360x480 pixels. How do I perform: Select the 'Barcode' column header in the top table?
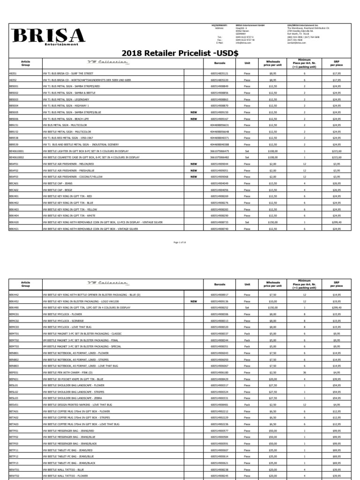coord(219,63)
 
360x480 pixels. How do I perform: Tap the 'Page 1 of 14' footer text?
coord(180,242)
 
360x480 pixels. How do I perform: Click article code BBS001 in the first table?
coord(14,87)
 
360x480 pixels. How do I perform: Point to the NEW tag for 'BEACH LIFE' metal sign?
coord(194,119)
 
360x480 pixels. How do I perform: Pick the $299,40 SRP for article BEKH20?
coord(337,222)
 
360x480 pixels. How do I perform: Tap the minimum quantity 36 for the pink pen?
coord(305,372)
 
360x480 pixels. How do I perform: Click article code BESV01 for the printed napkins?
coord(14,404)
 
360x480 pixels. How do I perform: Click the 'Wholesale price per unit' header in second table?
coord(273,284)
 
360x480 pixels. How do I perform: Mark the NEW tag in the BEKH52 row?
coord(194,301)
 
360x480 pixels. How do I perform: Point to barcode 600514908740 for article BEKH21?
coord(219,229)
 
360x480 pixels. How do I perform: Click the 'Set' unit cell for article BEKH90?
coord(247,307)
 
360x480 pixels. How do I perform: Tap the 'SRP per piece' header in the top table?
coord(337,63)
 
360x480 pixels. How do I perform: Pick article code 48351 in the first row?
coord(13,74)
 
